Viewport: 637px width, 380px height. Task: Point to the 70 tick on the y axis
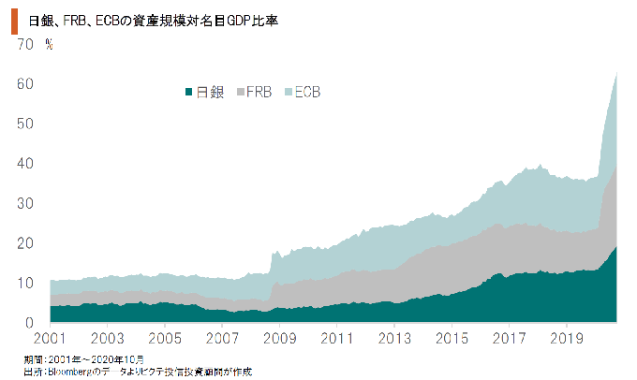coord(24,44)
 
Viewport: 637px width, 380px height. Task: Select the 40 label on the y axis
coord(24,164)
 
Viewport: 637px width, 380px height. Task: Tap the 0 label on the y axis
coord(29,323)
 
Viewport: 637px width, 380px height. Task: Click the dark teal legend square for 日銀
coord(188,92)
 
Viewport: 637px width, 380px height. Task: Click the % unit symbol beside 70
coord(48,44)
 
